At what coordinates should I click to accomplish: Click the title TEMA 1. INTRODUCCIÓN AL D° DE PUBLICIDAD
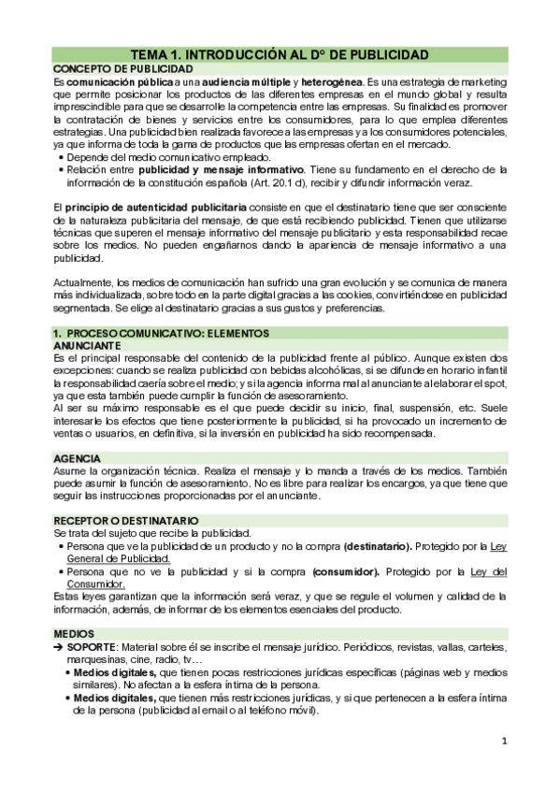point(280,55)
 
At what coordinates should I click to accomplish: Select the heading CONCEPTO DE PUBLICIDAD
point(112,70)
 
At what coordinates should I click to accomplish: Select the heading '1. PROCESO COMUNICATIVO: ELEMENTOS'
point(161,333)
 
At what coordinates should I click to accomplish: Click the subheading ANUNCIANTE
point(89,345)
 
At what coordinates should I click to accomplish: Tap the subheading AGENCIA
point(77,459)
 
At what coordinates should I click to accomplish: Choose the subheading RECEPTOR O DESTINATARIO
point(125,520)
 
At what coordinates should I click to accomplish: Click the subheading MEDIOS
point(74,634)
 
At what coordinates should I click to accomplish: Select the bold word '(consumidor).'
point(351,570)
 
